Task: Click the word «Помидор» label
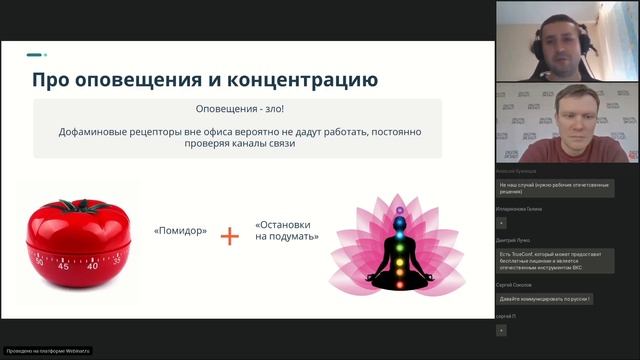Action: [x=181, y=231]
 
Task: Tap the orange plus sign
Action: [x=230, y=236]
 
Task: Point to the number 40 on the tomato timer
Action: [x=93, y=267]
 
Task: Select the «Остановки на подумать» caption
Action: [x=287, y=231]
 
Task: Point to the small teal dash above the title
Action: [x=35, y=55]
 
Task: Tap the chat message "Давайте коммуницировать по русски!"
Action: [x=546, y=299]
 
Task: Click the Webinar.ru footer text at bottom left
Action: [x=48, y=351]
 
